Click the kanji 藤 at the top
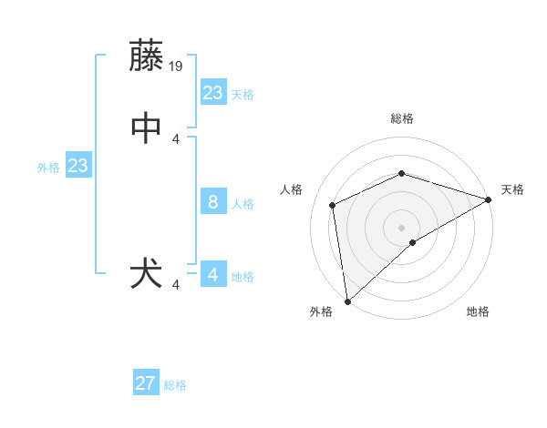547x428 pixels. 148,56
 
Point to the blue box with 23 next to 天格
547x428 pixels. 212,93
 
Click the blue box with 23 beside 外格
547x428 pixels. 77,166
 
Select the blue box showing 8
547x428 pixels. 212,202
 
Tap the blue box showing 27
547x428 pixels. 146,383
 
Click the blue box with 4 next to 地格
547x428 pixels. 212,275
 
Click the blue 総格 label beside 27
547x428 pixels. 176,385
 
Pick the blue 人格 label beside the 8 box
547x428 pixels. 243,204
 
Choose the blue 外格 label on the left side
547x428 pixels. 48,168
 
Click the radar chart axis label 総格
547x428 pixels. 402,118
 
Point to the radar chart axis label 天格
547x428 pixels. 512,189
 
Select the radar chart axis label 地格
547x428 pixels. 478,311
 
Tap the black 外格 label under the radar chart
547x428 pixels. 321,311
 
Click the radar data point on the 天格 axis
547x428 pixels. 489,199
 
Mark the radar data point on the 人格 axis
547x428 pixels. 333,205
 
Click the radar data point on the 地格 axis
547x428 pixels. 413,242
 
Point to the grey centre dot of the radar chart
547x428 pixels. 402,227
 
